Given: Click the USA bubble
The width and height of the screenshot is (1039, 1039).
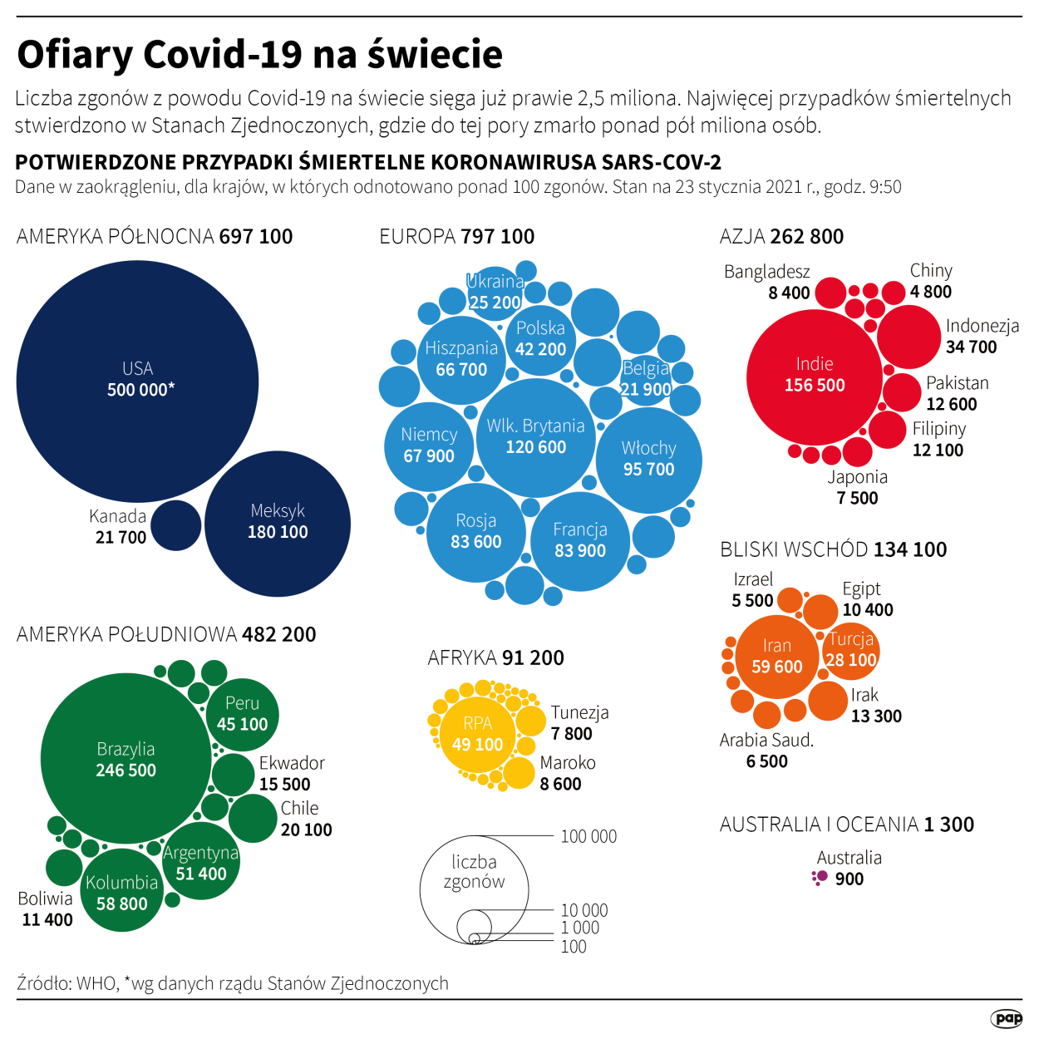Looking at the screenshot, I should click(137, 381).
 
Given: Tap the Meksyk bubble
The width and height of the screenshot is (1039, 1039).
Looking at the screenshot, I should click(278, 523).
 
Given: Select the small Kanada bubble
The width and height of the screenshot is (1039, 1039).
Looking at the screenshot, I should click(176, 525).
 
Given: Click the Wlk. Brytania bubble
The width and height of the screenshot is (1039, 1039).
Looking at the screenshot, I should click(536, 437).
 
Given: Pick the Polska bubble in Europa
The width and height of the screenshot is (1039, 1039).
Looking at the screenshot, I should click(540, 339).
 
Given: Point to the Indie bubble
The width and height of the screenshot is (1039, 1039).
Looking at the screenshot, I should click(815, 377).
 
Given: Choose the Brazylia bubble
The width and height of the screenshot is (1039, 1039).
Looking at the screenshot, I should click(126, 759).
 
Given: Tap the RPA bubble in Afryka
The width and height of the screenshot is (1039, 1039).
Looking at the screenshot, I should click(478, 734).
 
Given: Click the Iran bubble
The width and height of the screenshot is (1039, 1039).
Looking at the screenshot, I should click(777, 657).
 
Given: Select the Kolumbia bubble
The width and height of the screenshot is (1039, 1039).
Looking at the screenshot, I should click(122, 893).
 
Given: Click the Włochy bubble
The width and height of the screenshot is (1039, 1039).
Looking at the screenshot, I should click(649, 459).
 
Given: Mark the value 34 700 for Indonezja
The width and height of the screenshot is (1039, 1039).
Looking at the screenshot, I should click(971, 347).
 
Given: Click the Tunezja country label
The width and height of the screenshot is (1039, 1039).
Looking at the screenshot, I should click(580, 712).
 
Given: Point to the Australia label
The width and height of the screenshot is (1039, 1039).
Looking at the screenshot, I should click(849, 858).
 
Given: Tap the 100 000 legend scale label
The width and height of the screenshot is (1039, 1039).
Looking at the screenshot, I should click(588, 836).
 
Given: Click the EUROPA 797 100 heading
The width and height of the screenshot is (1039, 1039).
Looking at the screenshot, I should click(456, 237).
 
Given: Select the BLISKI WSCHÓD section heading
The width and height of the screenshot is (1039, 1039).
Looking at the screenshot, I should click(833, 549).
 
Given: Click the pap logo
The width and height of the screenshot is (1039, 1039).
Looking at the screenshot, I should click(1007, 1018).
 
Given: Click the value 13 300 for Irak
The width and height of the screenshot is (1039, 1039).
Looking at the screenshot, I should click(876, 716).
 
